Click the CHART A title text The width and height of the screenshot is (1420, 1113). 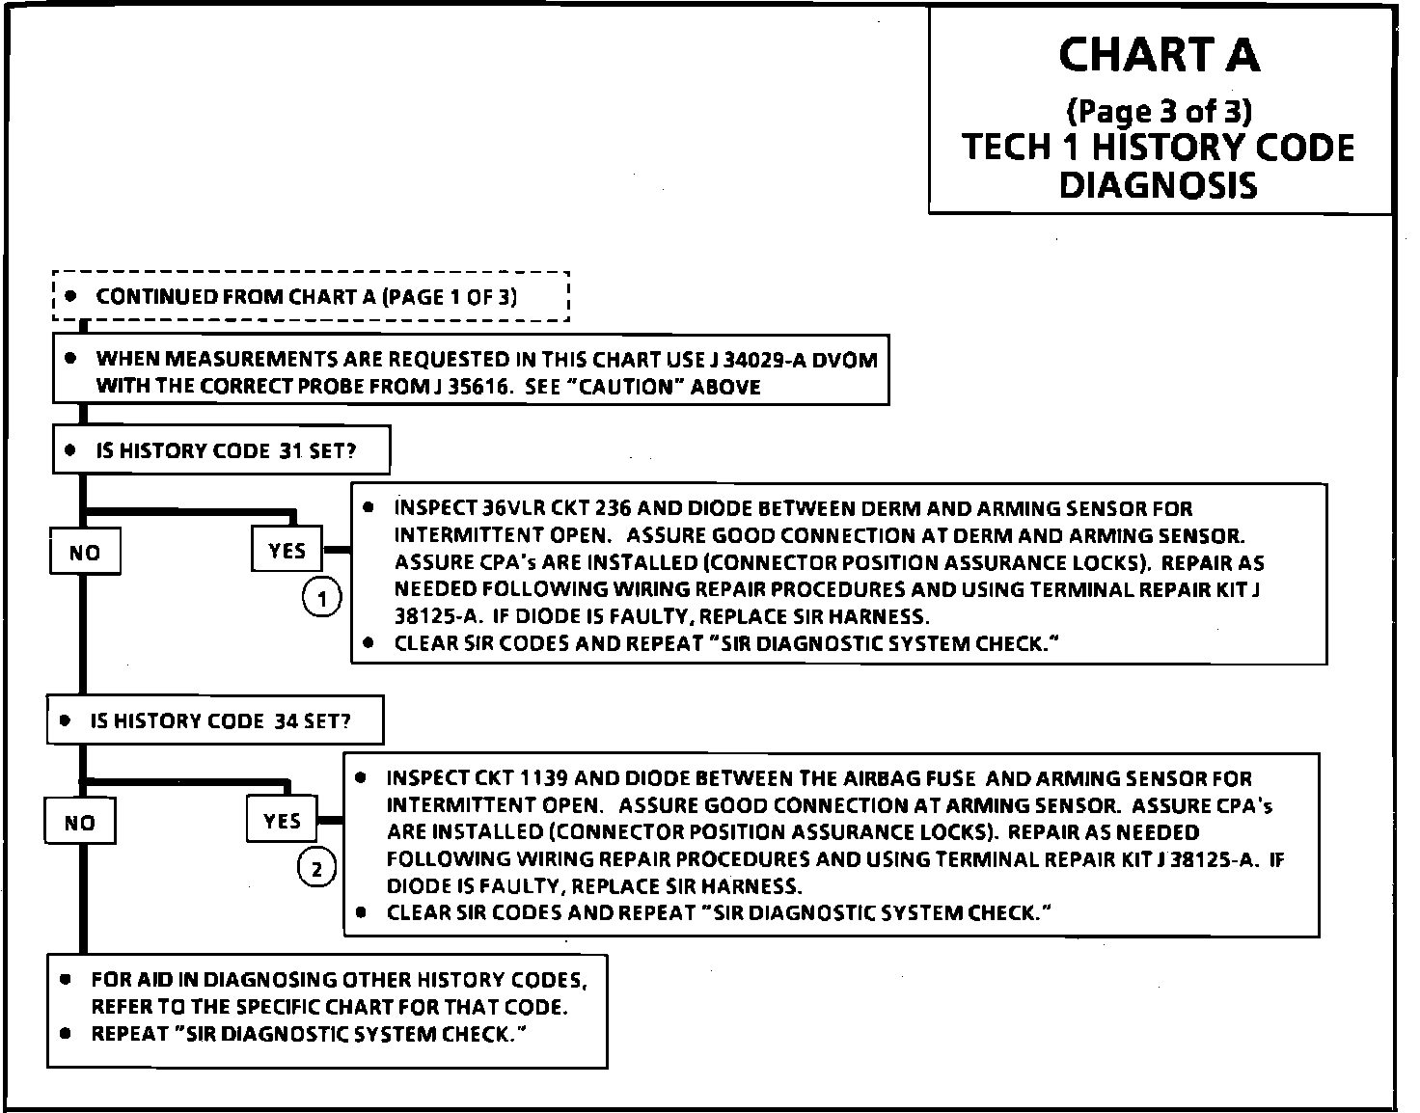(1159, 55)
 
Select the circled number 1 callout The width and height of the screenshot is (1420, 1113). (322, 599)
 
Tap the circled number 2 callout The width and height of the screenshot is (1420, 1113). (316, 869)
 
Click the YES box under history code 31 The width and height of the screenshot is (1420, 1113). (287, 551)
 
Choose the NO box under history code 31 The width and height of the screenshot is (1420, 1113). (85, 553)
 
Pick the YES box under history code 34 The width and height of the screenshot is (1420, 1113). (282, 821)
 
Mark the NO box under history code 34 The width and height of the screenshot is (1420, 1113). (80, 823)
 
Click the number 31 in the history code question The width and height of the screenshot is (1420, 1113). (291, 450)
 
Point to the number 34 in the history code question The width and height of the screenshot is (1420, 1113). (286, 720)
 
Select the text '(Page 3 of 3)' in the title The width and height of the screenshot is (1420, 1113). (1159, 112)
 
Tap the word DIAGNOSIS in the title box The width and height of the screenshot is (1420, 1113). (1159, 184)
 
